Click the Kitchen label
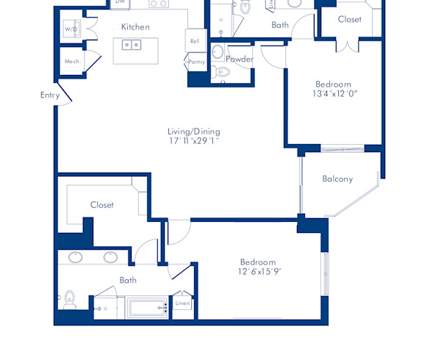tap(135, 27)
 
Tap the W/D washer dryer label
tap(71, 30)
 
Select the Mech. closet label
tap(72, 61)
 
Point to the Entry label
tap(50, 95)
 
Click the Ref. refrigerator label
tap(195, 42)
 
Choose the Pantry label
tap(196, 62)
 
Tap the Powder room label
tap(240, 59)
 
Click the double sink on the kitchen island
tap(132, 45)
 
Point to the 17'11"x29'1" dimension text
tap(194, 141)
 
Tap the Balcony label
tap(337, 179)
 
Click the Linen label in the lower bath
tap(182, 303)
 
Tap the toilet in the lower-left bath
tap(70, 299)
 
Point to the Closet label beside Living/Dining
tap(102, 205)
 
